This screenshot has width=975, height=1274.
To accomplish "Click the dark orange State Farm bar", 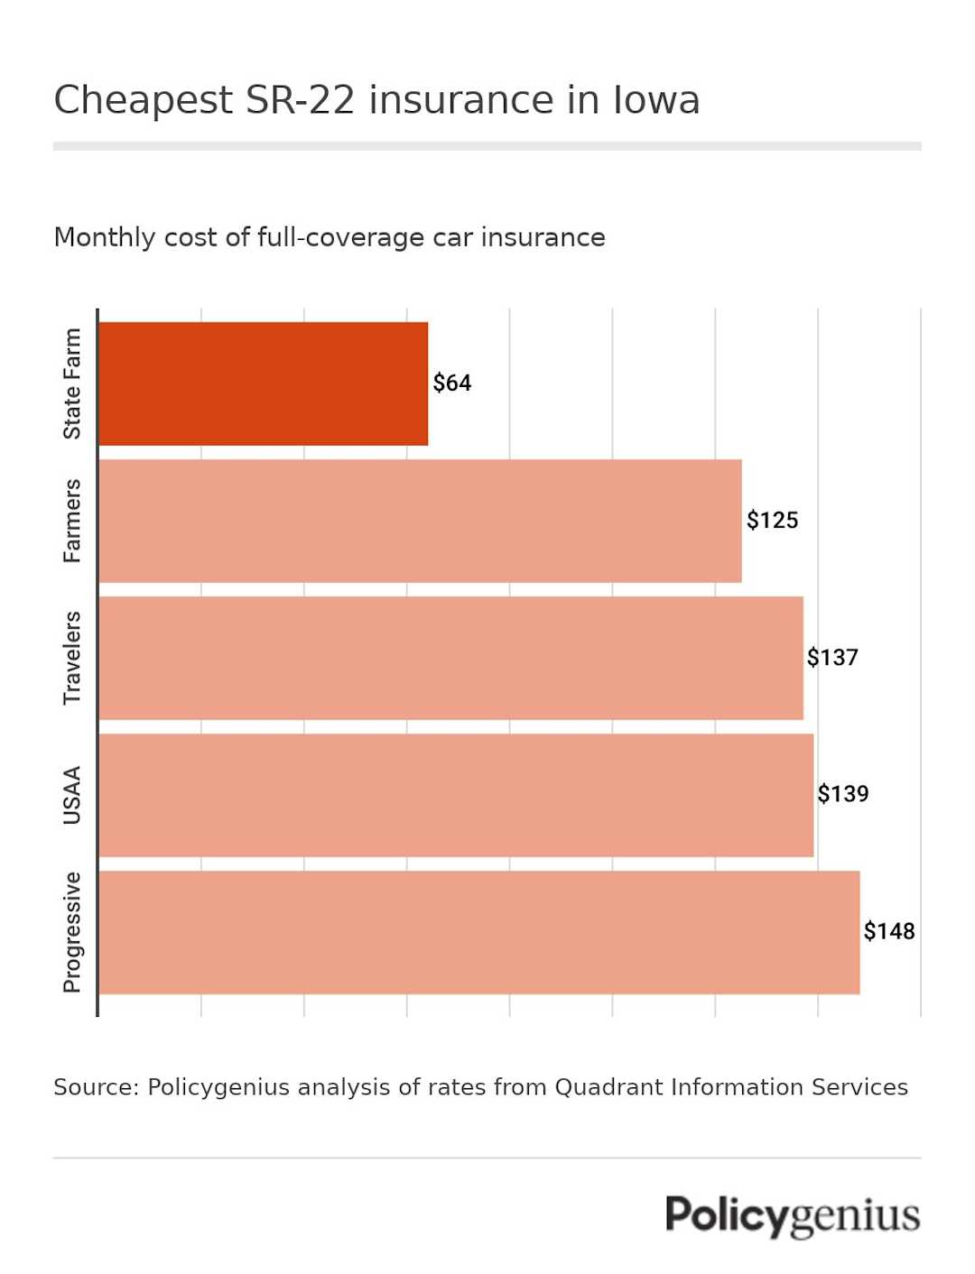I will click(x=263, y=383).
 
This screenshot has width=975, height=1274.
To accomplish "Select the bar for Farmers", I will click(x=420, y=521).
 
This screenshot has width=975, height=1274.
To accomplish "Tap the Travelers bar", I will click(x=450, y=658).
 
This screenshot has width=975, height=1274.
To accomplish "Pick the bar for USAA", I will click(x=456, y=795).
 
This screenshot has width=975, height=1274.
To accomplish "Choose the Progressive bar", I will click(x=478, y=932).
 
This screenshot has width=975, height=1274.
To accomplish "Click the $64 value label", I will click(x=451, y=383).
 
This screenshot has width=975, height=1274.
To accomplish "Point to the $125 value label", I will click(x=772, y=521).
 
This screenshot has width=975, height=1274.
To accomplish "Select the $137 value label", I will click(x=832, y=658).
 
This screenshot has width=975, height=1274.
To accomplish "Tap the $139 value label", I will click(x=842, y=794).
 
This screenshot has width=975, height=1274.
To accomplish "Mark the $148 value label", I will click(x=888, y=931).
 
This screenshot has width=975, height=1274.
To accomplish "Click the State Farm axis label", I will click(x=72, y=383).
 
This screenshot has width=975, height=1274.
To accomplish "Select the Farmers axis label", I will click(x=72, y=521).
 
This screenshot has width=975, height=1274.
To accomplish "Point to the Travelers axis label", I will click(x=72, y=658).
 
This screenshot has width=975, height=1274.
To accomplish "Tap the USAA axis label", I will click(x=72, y=795).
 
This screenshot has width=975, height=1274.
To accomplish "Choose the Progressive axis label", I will click(x=72, y=932).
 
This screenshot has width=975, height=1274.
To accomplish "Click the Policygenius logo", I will click(x=793, y=1216).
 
